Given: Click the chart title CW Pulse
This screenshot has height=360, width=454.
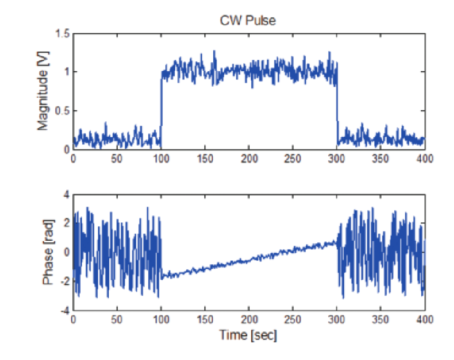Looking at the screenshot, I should (x=248, y=21).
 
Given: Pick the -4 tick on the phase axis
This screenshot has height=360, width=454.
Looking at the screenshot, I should (x=65, y=311).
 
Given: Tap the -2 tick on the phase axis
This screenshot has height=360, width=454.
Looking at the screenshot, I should (x=65, y=282).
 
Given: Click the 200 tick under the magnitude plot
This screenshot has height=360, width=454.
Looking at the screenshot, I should (x=249, y=158).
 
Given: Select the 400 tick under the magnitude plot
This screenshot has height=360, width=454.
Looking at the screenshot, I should (x=424, y=158).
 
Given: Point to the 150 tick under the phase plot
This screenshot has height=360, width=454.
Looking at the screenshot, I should (x=205, y=319).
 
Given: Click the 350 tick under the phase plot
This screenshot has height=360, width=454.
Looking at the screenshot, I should (x=381, y=319).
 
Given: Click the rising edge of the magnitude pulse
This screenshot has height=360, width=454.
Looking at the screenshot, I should (x=161, y=106).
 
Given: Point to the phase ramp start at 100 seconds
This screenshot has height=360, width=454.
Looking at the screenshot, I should (x=162, y=276).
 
